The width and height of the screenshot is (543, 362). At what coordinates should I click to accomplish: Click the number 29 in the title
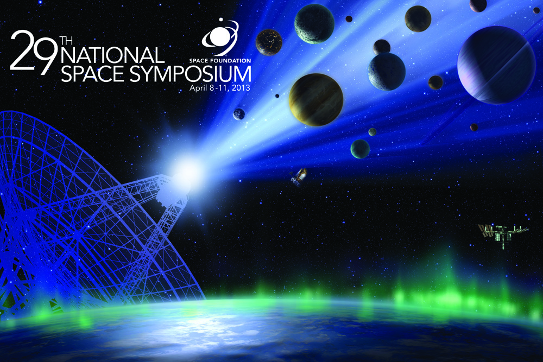pos(34,52)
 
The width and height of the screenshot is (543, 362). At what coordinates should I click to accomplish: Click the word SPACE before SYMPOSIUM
pos(92,74)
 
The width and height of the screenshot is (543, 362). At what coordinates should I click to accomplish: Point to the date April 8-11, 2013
pos(219,88)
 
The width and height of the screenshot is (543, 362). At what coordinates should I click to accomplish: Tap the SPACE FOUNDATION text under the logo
pos(220,61)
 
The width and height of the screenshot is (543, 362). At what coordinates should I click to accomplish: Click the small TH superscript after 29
pos(66,41)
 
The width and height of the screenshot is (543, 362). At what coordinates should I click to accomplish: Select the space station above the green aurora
pos(503,234)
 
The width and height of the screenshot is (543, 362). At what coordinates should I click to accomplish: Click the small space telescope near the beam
pos(299,176)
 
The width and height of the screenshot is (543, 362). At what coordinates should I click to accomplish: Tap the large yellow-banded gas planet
pos(316,99)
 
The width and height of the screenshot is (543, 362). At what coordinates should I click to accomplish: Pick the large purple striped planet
pos(496,65)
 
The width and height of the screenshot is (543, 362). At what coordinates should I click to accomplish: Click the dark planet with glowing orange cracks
pos(269,42)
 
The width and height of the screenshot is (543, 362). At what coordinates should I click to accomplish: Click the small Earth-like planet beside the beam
pos(239,114)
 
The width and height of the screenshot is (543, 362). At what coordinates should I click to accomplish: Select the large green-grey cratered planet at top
pos(314,23)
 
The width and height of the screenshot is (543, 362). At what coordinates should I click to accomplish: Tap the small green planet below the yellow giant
pos(360,149)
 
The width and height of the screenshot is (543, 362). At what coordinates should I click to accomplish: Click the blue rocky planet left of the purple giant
pos(387,72)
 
